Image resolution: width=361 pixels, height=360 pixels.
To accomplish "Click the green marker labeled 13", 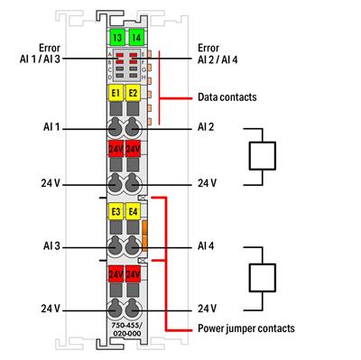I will [x=116, y=37].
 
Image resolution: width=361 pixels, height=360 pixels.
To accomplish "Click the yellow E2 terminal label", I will [x=134, y=93].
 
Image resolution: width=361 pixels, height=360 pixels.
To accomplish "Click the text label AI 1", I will [x=50, y=128].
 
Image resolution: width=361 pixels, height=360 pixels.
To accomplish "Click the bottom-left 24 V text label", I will [x=50, y=309].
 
